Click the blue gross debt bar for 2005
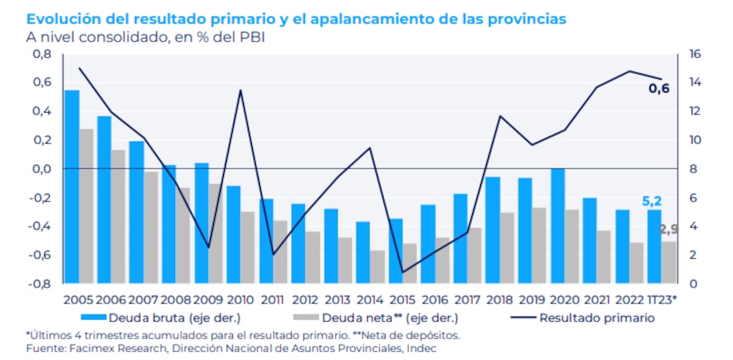tap(72, 187)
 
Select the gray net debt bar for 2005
tap(86, 206)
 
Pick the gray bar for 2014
tap(377, 267)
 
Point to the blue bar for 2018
tap(493, 230)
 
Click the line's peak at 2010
tap(241, 90)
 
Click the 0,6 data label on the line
tap(659, 89)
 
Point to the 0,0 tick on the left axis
tap(41, 169)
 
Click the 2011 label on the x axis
tap(272, 299)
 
